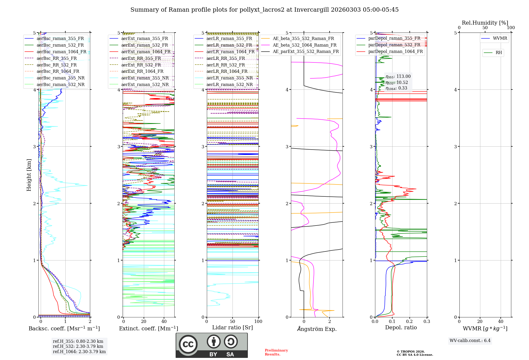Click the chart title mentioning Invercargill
coord(264,10)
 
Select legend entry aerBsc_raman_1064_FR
coord(61,52)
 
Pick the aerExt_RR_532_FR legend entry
coord(141,65)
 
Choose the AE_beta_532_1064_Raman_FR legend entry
coord(304,45)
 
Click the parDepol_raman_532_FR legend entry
coord(394,45)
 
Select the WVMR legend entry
coord(500,38)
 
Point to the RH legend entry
coord(499,53)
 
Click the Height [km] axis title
coord(29,175)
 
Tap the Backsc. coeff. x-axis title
coord(64,328)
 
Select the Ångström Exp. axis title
coord(317,329)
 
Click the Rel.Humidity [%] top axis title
coord(485,23)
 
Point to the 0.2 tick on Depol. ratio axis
coord(409,322)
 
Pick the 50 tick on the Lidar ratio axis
coord(232,322)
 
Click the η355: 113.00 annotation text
coord(398,76)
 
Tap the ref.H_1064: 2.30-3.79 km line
coord(79,352)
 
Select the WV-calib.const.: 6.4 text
coord(470,340)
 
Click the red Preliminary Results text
coord(276,352)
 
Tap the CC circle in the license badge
coord(188,344)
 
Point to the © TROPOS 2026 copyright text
coord(411,352)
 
